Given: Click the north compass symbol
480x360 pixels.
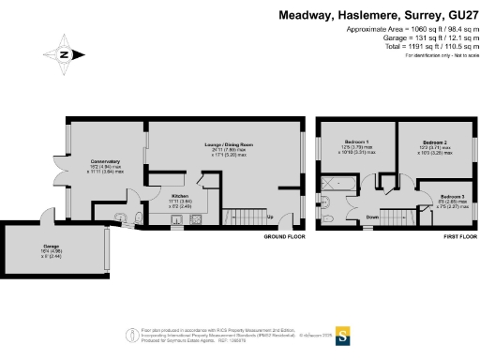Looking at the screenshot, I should (x=64, y=54).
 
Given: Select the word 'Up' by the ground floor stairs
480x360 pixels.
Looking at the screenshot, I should (x=270, y=217).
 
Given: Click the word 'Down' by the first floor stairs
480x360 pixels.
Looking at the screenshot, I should (x=371, y=217).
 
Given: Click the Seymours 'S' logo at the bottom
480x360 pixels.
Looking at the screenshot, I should (x=343, y=335).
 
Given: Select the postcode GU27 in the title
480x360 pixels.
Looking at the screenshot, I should (x=461, y=15).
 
